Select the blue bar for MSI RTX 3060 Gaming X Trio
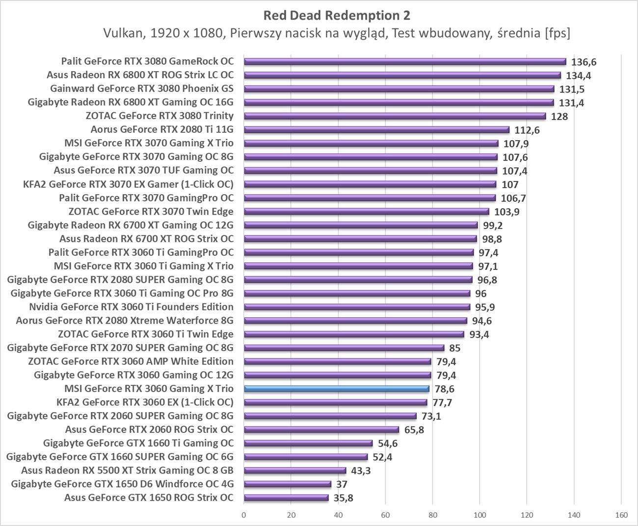(x=337, y=389)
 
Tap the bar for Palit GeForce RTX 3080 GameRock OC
(x=405, y=61)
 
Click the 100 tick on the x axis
(x=479, y=515)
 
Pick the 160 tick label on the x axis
(x=621, y=515)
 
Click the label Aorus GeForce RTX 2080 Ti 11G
(x=162, y=129)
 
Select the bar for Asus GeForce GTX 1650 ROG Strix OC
(x=286, y=498)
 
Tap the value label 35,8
(x=343, y=498)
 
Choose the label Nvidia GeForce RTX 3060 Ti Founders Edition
(x=131, y=307)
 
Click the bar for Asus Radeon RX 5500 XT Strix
(x=295, y=471)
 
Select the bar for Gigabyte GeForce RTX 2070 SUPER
(x=344, y=348)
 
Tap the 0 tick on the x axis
(x=243, y=515)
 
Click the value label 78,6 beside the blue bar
(x=444, y=389)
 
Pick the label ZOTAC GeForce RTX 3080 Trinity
(x=159, y=116)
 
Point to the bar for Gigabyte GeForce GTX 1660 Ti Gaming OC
(x=308, y=443)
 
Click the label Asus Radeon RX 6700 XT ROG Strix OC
(x=146, y=239)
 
